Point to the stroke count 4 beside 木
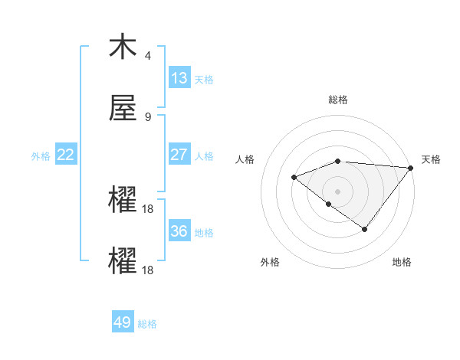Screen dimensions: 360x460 [148, 56]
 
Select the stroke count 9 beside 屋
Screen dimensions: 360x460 [148, 116]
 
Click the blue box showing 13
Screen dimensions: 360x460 [179, 79]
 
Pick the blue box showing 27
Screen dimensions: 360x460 [179, 155]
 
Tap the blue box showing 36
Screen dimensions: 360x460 [179, 231]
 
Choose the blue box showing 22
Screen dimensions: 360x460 [66, 155]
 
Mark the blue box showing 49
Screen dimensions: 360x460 [123, 322]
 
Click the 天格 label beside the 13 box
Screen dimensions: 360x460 [204, 80]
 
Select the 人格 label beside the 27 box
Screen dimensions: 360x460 [204, 155]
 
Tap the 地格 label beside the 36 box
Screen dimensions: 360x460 [204, 232]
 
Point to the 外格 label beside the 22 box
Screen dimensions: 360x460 [41, 155]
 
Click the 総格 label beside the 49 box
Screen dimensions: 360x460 [147, 323]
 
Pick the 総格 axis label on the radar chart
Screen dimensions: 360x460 [338, 100]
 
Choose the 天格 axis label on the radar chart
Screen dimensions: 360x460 [431, 159]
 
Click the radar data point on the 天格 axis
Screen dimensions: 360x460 [411, 168]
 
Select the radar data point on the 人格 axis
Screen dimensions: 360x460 [294, 178]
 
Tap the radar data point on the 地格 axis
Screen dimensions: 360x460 [365, 229]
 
